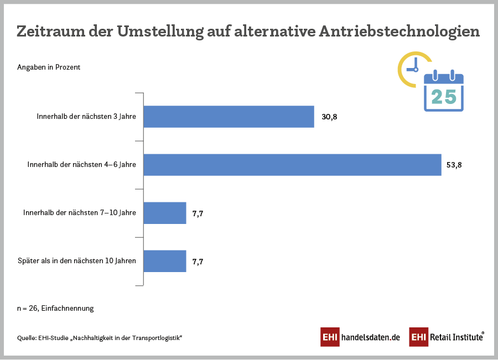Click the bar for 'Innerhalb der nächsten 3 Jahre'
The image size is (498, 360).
229,117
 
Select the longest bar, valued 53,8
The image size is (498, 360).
292,165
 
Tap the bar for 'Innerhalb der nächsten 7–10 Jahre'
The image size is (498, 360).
165,213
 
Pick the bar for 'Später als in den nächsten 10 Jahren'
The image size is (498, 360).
165,261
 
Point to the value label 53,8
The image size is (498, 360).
454,165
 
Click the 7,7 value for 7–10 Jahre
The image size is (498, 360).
198,213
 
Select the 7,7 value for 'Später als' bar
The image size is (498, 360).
198,261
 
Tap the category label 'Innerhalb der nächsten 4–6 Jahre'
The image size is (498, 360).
81,165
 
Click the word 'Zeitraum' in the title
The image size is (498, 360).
49,32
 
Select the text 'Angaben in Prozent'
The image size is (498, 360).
49,67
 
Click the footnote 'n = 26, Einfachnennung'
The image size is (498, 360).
55,309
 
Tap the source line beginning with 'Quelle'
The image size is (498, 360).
100,337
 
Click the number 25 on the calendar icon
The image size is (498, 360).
444,97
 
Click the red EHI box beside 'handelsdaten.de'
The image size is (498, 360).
330,337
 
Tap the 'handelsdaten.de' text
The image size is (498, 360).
370,337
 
